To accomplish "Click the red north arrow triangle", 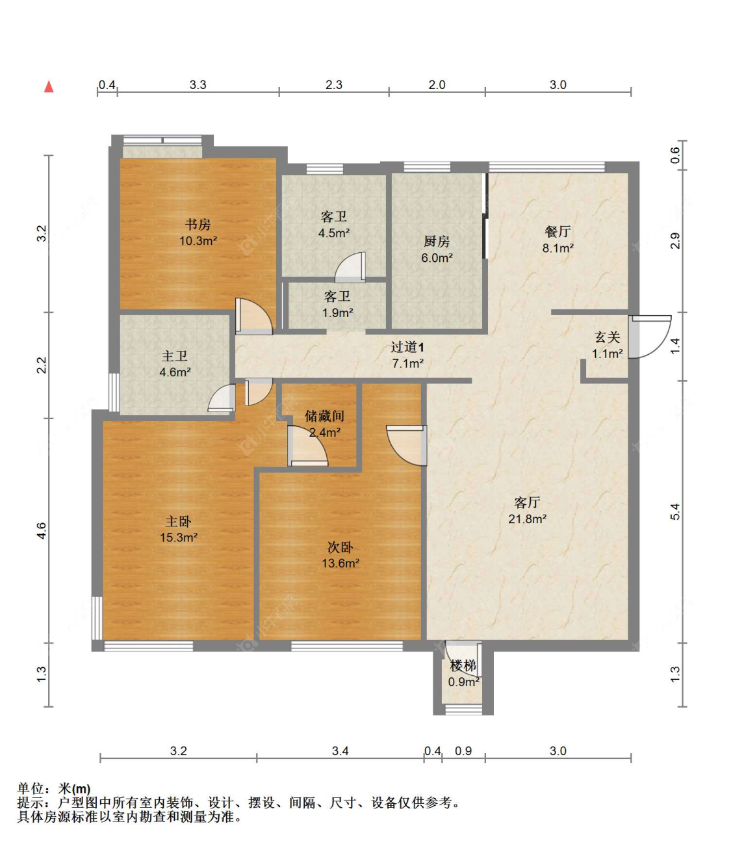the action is point(49,86).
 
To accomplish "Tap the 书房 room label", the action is point(198,225).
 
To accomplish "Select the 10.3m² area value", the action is point(198,240).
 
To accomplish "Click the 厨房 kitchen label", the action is point(437,241).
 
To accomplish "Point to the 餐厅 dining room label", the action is point(558,231).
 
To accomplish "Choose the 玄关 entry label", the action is point(608,337).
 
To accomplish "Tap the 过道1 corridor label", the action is point(407,347).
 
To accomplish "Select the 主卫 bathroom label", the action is point(174,355).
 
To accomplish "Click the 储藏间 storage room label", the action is point(324,416).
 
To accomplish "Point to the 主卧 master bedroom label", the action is point(179,521).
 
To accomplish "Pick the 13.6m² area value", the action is point(340,563).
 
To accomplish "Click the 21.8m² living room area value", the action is point(527,519).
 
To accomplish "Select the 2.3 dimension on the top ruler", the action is point(334,84).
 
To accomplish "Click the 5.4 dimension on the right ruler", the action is point(675,511).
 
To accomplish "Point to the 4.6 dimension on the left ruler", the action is point(42,530).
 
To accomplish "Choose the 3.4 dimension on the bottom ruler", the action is point(340,751).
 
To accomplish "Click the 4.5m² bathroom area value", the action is point(334,233).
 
